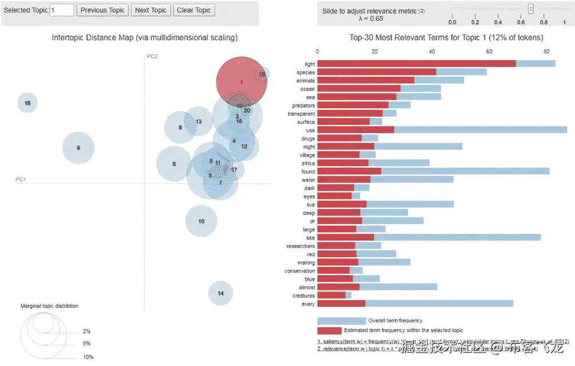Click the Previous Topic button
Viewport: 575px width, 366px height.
click(103, 10)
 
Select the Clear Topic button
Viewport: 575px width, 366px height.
click(194, 10)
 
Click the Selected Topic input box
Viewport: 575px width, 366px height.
click(62, 10)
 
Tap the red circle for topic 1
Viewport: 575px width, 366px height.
click(241, 82)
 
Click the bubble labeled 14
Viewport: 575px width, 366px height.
click(220, 293)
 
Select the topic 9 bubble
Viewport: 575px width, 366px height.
click(78, 148)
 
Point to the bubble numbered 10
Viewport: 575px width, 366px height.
click(201, 221)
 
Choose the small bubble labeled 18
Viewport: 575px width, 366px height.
click(27, 103)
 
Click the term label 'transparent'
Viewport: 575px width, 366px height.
click(301, 114)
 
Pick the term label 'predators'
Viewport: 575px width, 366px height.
click(303, 105)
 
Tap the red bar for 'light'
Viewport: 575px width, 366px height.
click(416, 64)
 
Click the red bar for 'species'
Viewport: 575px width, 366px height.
click(376, 72)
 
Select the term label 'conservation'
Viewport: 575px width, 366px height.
click(300, 271)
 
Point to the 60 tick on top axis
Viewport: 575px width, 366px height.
click(489, 52)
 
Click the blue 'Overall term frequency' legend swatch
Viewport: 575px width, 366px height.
click(341, 321)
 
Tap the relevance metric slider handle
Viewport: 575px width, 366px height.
click(531, 9)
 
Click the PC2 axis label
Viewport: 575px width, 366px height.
click(152, 56)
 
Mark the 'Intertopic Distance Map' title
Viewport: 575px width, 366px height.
click(144, 38)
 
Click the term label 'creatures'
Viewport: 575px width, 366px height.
click(303, 296)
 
